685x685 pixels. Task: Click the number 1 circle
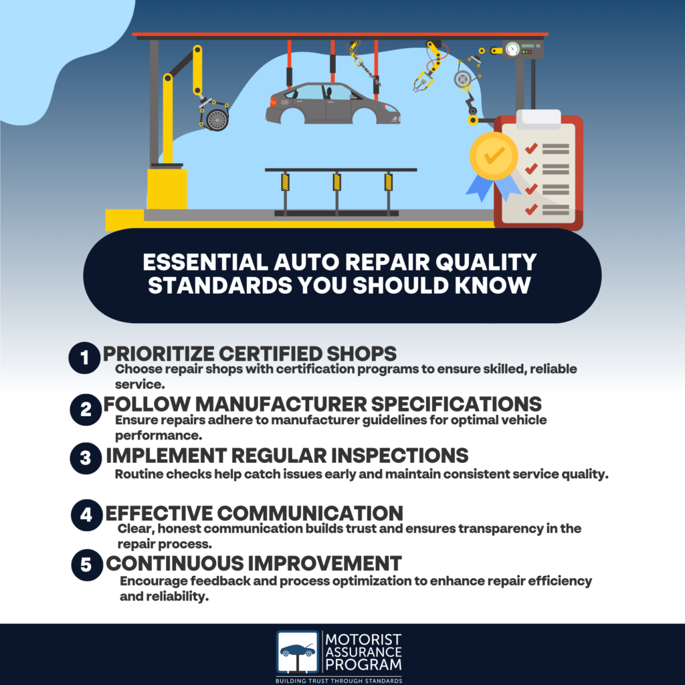point(84,359)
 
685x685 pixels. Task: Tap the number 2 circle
point(86,409)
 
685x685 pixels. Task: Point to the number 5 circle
point(86,565)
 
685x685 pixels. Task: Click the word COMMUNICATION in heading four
point(310,513)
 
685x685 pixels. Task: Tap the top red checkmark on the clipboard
point(532,146)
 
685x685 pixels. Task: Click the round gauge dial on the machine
point(512,49)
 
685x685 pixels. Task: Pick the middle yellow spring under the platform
point(336,182)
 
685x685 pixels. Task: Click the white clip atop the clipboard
point(539,118)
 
